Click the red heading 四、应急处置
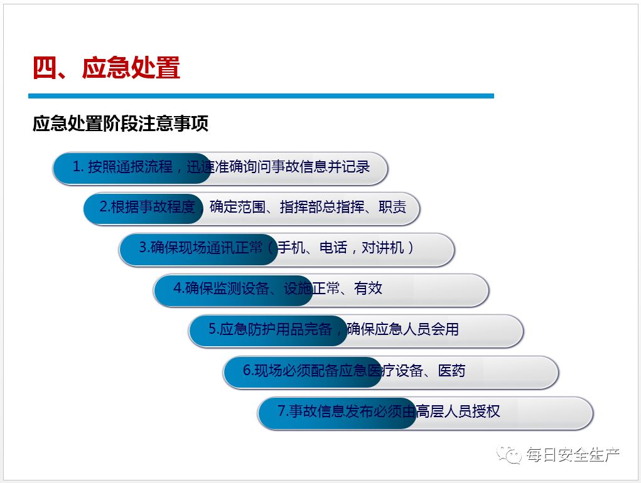tap(106, 68)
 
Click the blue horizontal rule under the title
tap(261, 96)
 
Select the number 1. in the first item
tap(78, 167)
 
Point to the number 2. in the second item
tap(104, 207)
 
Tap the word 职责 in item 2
tap(392, 207)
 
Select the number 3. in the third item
tap(144, 248)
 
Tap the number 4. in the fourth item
tap(178, 289)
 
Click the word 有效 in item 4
tap(368, 289)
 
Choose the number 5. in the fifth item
tap(213, 329)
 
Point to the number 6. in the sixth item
tap(247, 370)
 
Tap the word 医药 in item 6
tap(451, 370)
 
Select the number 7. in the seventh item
tap(283, 411)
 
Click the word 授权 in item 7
tap(486, 411)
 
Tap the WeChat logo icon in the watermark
tap(509, 454)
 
